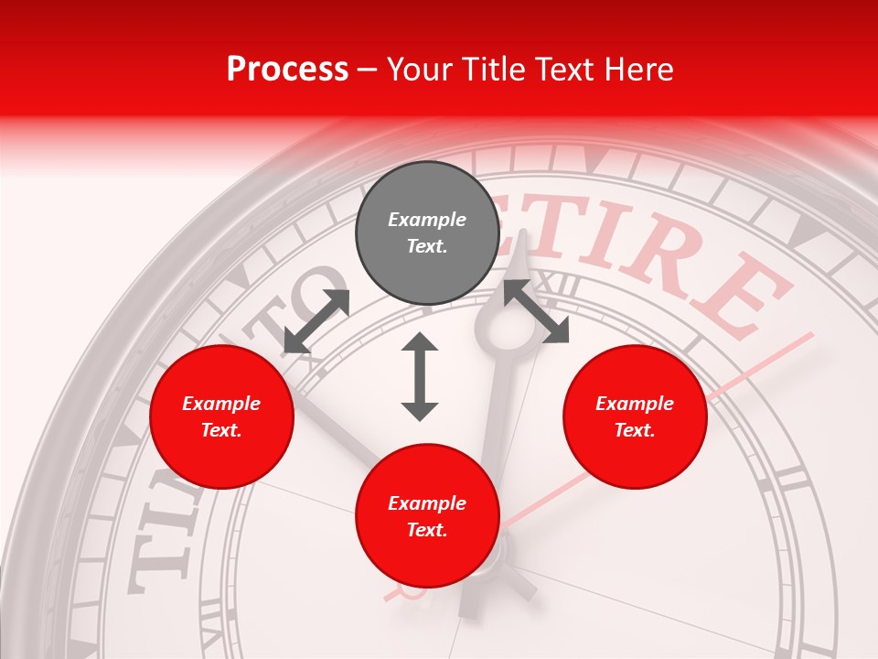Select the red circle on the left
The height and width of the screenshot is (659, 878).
(x=221, y=417)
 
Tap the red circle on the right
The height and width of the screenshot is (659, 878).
(x=635, y=417)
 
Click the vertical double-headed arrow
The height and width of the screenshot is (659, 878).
(x=420, y=376)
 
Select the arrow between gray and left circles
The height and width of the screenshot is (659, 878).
(x=316, y=321)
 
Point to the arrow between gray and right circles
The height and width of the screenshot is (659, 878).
(x=536, y=311)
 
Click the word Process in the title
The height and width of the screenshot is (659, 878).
(x=287, y=69)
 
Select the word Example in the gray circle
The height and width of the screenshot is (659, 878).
(x=427, y=220)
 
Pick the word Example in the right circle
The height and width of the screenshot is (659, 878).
(x=635, y=404)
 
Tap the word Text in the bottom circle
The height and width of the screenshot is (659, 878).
(x=425, y=530)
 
